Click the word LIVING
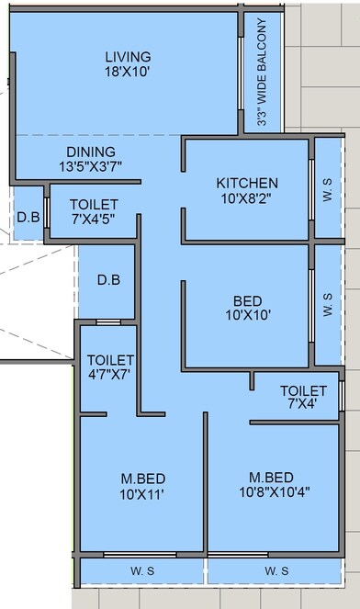tap(128, 56)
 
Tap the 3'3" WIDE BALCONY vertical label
tap(263, 72)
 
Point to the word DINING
tap(91, 152)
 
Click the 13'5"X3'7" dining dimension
tap(91, 166)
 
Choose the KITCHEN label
tap(247, 183)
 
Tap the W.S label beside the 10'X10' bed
tap(329, 305)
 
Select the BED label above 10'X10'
tap(247, 301)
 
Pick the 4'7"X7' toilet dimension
tap(110, 373)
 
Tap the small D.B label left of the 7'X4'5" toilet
tap(28, 219)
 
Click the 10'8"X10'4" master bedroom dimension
tap(272, 491)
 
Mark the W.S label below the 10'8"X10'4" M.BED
tap(276, 571)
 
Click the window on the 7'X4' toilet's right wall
tap(342, 396)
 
